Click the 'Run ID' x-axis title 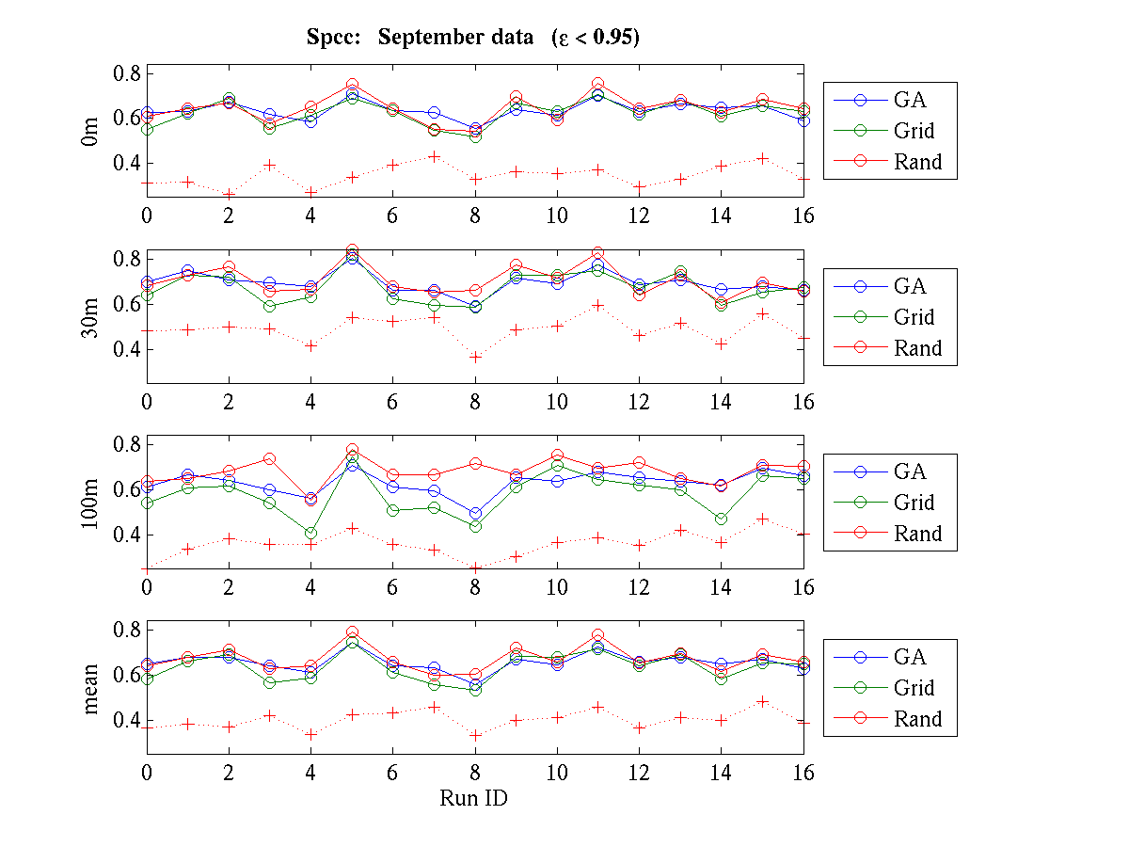(x=473, y=798)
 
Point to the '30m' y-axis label (x=91, y=316)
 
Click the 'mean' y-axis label (x=91, y=687)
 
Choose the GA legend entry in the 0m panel (x=910, y=100)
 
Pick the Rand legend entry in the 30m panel (x=917, y=348)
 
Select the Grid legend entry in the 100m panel (x=914, y=503)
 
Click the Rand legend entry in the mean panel (x=917, y=720)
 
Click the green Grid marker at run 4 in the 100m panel (x=310, y=533)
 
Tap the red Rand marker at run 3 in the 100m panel (x=269, y=459)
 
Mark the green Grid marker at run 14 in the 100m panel (x=721, y=519)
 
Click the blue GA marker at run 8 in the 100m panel (x=475, y=514)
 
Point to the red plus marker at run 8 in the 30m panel (x=475, y=357)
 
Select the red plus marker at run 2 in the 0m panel (x=229, y=194)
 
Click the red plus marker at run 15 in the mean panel (x=762, y=701)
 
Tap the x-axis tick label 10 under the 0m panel (x=557, y=216)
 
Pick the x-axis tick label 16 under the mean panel (x=803, y=773)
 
